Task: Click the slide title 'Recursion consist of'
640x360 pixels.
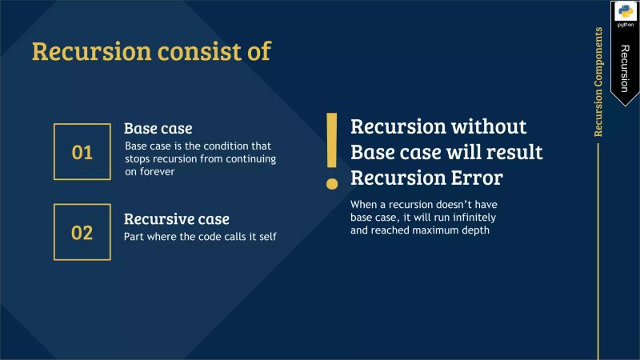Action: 151,50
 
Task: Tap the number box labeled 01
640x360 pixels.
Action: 82,152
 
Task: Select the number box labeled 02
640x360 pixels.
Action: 82,233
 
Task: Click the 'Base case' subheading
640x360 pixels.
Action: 158,128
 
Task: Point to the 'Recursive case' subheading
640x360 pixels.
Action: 176,218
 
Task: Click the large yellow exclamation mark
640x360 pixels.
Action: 331,151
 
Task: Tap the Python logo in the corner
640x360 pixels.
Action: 624,14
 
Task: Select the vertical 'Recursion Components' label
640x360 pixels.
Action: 598,82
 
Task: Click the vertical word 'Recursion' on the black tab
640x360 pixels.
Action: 625,69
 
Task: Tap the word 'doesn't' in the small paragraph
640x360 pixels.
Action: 445,205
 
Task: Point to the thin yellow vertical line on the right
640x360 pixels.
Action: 598,248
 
